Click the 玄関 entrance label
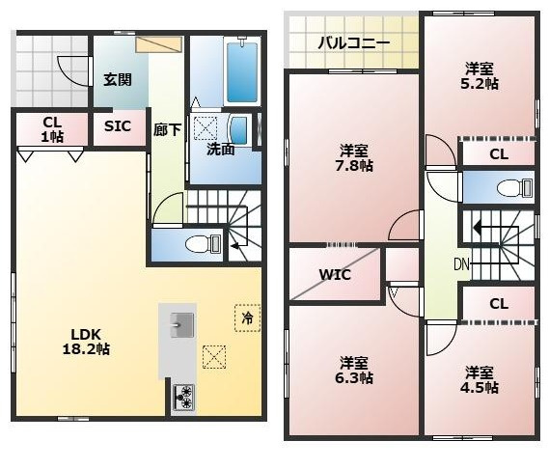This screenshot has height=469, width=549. point(118,80)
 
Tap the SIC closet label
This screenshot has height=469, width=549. point(118,126)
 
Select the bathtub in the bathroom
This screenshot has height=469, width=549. point(242,72)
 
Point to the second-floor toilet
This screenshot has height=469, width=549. point(514,187)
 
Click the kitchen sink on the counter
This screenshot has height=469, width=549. point(182,325)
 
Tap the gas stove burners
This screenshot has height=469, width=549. point(184,398)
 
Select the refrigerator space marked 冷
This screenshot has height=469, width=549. point(248,317)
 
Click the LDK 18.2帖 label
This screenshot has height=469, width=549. point(86,342)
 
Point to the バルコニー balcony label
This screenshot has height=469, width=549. point(354,43)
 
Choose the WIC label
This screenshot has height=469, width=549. point(335,275)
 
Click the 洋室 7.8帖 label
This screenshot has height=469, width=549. point(354,158)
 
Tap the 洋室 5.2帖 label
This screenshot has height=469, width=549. point(480,76)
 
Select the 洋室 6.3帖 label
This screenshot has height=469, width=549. point(354,371)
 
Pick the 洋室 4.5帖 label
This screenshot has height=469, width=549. point(480,379)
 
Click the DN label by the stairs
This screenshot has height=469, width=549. point(461,264)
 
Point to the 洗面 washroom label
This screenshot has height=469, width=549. point(221,150)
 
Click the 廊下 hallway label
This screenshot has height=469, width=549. point(167,130)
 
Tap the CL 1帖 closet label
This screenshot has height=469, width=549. point(52,129)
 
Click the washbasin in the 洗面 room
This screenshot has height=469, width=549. point(240,130)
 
